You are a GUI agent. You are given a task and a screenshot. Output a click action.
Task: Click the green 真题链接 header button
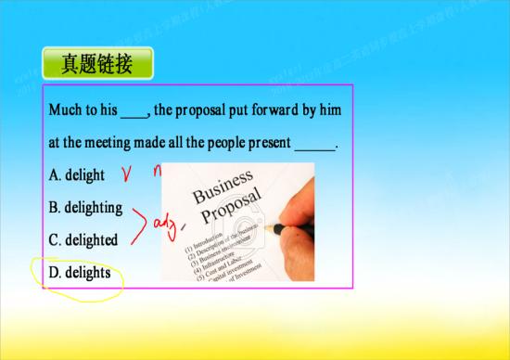pyautogui.click(x=96, y=64)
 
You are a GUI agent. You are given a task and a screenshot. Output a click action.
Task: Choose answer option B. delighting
pyautogui.click(x=85, y=207)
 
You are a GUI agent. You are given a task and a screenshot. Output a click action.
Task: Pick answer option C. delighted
pyautogui.click(x=83, y=240)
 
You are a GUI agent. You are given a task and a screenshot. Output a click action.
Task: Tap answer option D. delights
pyautogui.click(x=80, y=273)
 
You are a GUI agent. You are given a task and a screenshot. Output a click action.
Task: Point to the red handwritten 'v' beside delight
pyautogui.click(x=129, y=174)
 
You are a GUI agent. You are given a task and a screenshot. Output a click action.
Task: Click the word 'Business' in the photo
pyautogui.click(x=222, y=186)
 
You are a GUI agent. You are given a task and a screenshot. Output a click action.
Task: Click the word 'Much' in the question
pyautogui.click(x=66, y=110)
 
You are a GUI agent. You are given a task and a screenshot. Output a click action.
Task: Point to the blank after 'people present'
pyautogui.click(x=314, y=147)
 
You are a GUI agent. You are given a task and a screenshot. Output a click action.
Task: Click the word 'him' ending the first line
pyautogui.click(x=331, y=110)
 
